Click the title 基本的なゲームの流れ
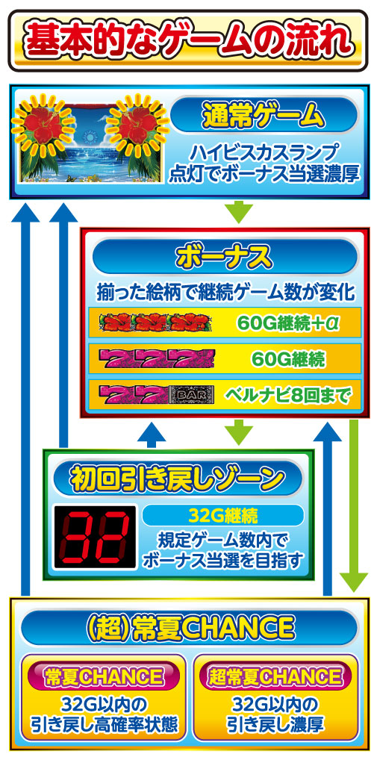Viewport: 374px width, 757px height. [187, 40]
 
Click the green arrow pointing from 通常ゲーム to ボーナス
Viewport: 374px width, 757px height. [239, 212]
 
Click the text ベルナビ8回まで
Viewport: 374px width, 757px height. [287, 396]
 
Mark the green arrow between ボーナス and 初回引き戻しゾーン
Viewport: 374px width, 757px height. [239, 432]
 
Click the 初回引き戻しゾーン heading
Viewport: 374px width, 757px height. [178, 479]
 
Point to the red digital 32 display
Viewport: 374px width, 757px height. [95, 537]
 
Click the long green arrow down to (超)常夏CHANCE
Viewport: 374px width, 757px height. [354, 505]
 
